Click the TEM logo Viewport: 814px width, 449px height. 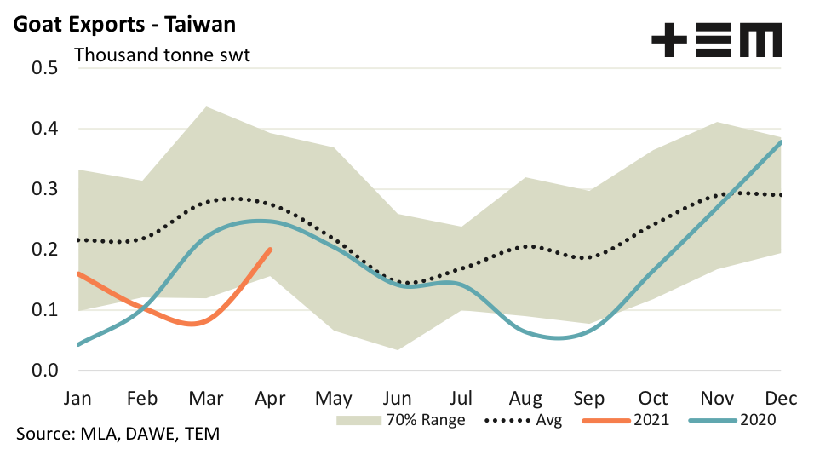(x=716, y=40)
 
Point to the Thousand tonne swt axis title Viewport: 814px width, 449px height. (x=168, y=56)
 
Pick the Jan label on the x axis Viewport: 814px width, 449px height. (x=77, y=398)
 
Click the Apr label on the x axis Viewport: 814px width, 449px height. (x=271, y=398)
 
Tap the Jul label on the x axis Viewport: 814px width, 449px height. (x=461, y=398)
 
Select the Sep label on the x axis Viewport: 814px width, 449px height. (x=589, y=398)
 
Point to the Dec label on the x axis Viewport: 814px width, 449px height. (x=781, y=398)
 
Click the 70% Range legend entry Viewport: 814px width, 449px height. (x=401, y=420)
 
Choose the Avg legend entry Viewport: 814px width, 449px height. (x=521, y=420)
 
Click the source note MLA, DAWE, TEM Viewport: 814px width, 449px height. (x=118, y=434)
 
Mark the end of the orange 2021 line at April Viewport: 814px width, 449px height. (x=270, y=250)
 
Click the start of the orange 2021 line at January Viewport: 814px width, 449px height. (x=77, y=273)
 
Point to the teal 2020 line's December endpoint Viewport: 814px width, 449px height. (x=781, y=142)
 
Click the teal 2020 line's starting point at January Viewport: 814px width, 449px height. (x=77, y=344)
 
